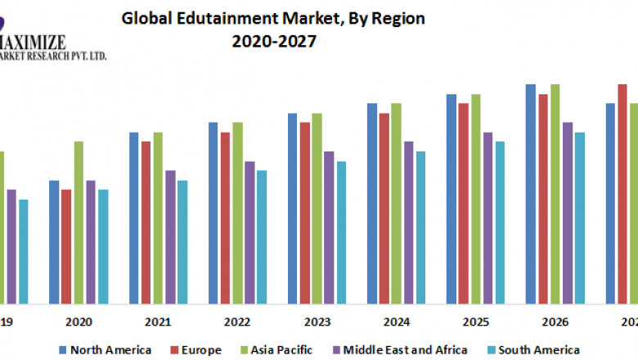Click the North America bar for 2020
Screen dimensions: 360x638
[54, 241]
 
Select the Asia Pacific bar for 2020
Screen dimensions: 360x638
[79, 221]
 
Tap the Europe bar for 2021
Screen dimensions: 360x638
[146, 221]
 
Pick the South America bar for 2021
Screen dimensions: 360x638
[182, 241]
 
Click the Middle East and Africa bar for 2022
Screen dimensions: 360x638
[249, 231]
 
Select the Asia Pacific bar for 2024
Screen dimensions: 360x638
[396, 202]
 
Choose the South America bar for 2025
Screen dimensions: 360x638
[500, 221]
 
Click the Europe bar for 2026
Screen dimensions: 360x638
[543, 197]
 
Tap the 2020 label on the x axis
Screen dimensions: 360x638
[79, 322]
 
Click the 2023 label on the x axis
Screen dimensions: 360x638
[317, 322]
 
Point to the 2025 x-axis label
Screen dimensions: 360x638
[475, 322]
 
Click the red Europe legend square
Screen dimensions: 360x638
[175, 350]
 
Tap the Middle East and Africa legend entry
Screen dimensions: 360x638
[402, 349]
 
